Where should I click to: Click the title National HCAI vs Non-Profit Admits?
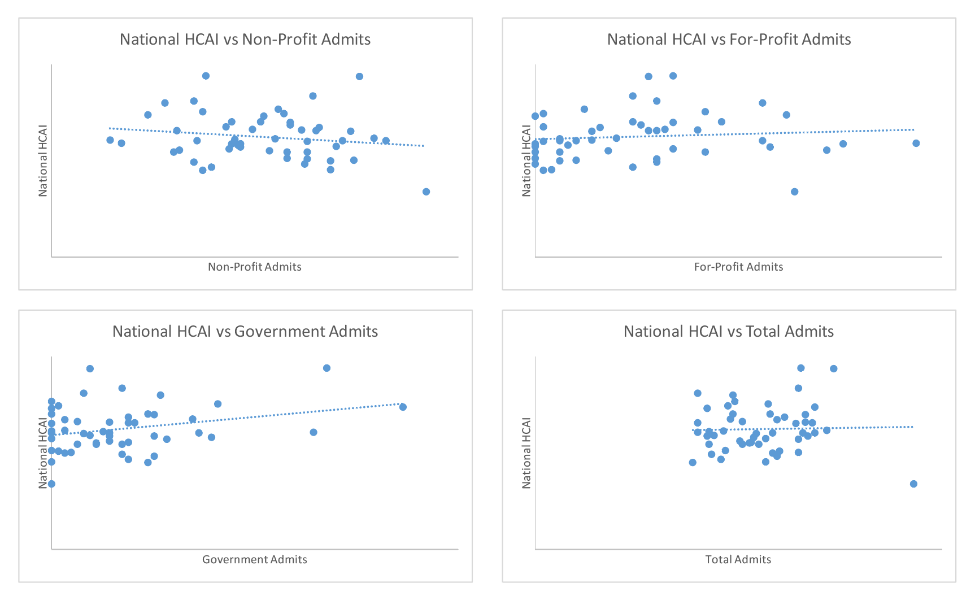(245, 40)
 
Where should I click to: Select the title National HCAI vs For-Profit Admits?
(729, 40)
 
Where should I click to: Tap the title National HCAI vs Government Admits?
(245, 332)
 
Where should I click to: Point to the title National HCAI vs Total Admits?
(729, 332)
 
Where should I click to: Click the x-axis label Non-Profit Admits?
(255, 267)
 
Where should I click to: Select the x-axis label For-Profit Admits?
(738, 267)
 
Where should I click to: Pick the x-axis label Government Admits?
(255, 559)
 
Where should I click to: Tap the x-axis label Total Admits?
(738, 559)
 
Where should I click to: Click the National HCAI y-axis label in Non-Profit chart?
(43, 161)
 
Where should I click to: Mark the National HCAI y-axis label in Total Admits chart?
(526, 453)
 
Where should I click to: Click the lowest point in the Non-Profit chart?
(426, 192)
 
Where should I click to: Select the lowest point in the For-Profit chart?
(795, 192)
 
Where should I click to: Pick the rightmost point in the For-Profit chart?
(916, 144)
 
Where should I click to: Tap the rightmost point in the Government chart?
(403, 407)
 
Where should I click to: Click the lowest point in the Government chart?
(51, 484)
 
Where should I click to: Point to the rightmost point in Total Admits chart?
(914, 484)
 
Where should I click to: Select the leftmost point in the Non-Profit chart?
(110, 140)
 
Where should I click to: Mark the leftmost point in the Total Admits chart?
(693, 463)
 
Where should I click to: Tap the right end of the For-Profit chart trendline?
(914, 129)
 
